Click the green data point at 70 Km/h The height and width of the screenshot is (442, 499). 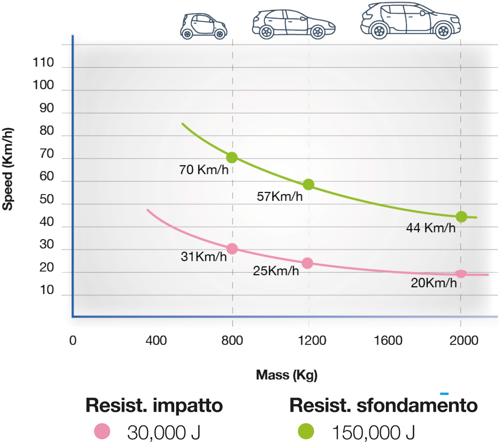click(x=232, y=158)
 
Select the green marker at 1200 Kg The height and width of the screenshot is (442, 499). click(x=308, y=185)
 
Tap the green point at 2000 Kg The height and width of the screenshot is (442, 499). click(x=461, y=217)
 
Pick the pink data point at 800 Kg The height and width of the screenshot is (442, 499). click(x=232, y=249)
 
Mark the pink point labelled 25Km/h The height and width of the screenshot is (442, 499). click(x=307, y=263)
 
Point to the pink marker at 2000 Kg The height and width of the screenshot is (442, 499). click(x=461, y=274)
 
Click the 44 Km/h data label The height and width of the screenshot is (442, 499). click(x=430, y=228)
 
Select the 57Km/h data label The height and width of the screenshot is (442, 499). click(x=279, y=196)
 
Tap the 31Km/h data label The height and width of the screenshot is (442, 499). click(x=204, y=257)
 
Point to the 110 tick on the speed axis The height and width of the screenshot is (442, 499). click(x=43, y=63)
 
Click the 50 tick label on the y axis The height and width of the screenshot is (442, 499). click(x=47, y=199)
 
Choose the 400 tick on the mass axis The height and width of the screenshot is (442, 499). click(x=156, y=341)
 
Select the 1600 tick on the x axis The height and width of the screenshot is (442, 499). click(x=388, y=341)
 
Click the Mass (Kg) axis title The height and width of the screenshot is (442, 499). click(x=287, y=375)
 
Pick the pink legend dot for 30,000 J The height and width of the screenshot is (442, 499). click(x=102, y=431)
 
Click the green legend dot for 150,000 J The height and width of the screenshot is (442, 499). click(x=306, y=431)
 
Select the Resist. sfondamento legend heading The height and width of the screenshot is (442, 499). click(x=383, y=405)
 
